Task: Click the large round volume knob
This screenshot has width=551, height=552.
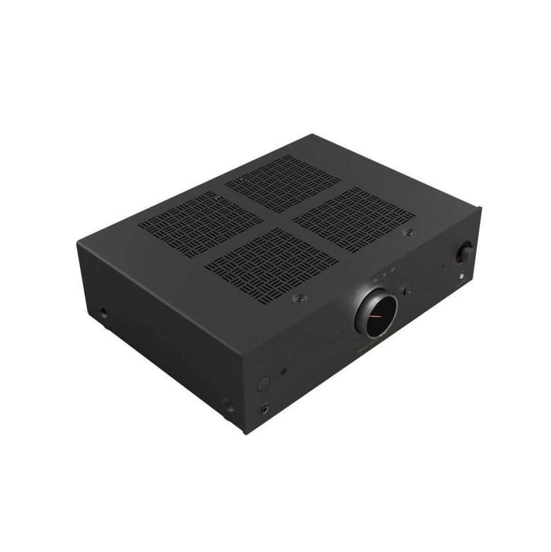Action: click(x=377, y=314)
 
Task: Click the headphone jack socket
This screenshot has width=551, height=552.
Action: click(x=265, y=408)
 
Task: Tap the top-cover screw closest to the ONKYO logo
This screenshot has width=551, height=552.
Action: click(x=298, y=297)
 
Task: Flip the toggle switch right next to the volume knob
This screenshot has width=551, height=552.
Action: click(x=406, y=292)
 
